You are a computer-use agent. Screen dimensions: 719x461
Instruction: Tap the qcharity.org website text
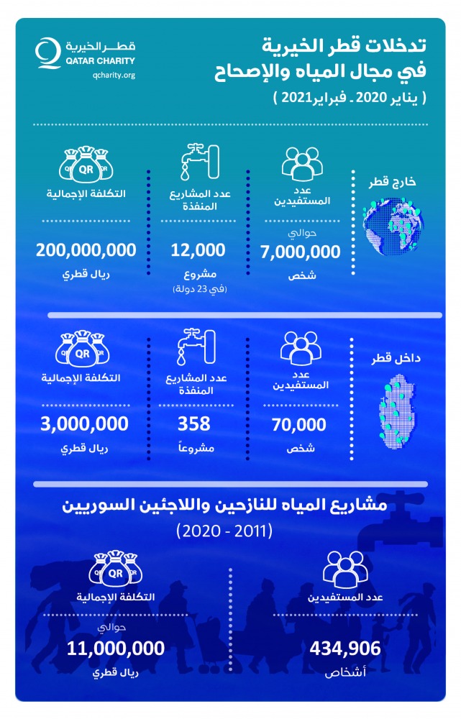(114, 75)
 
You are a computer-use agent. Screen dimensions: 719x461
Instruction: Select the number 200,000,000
(86, 250)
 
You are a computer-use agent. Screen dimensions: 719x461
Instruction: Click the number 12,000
(198, 250)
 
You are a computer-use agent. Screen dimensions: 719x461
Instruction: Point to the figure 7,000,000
(298, 252)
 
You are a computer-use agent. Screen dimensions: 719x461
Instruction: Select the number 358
(198, 424)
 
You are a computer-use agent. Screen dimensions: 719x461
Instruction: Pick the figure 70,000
(299, 424)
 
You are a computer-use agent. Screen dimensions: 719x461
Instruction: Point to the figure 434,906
(345, 649)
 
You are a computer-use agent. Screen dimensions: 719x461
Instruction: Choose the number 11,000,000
(115, 649)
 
